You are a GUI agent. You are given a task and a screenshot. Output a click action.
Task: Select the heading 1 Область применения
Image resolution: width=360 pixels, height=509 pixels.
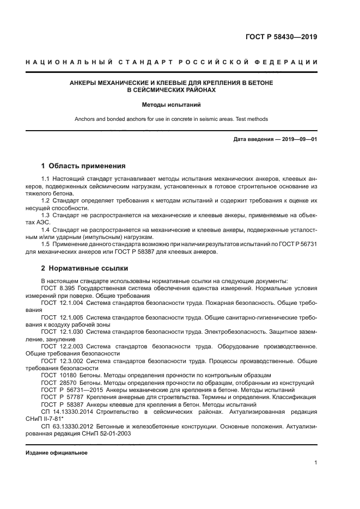[x=83, y=165]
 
